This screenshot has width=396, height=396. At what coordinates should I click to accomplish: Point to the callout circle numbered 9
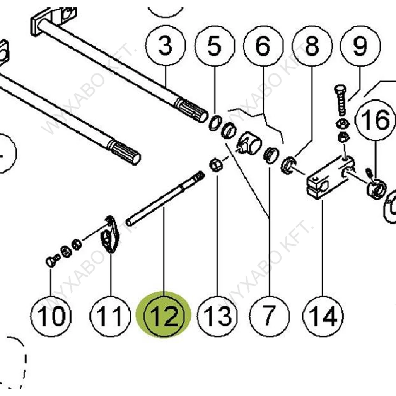click(x=360, y=46)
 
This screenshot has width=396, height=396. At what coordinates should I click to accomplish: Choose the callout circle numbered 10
click(x=52, y=316)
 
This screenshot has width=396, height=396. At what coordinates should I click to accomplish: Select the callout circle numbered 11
click(x=110, y=316)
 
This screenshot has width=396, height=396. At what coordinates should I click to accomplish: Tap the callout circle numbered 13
click(x=217, y=316)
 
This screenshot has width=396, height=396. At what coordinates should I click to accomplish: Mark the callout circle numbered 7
click(x=269, y=316)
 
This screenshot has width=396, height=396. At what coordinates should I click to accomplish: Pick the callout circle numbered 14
click(x=324, y=316)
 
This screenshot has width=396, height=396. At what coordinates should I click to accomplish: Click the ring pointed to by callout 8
click(x=287, y=165)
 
